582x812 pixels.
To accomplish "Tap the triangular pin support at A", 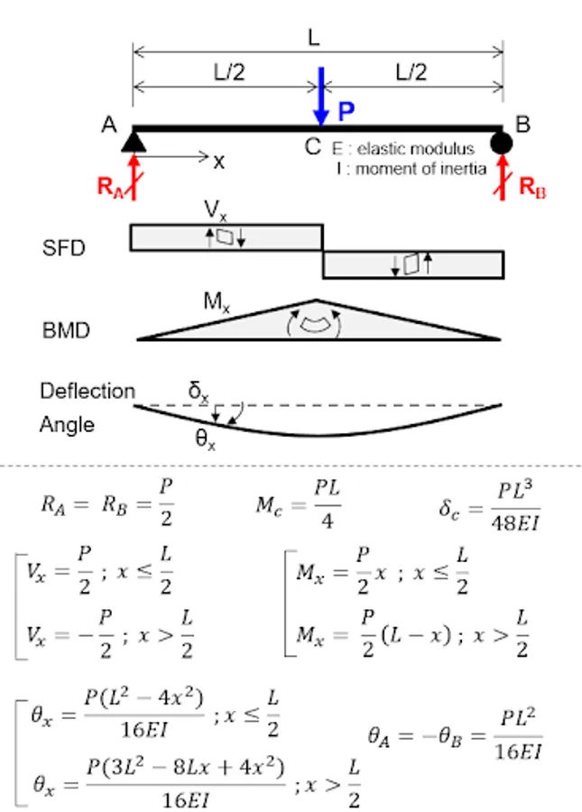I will point(134,141).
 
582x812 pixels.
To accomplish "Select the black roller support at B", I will point(503,142).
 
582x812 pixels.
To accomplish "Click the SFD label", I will point(64,248).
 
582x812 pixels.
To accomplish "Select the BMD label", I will point(67,330).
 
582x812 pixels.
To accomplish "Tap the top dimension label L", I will point(314,38).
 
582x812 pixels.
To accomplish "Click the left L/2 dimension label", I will point(228,73).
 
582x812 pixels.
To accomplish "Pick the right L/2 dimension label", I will point(411,73).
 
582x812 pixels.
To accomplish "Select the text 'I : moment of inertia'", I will point(410,168).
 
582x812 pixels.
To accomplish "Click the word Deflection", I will point(87,392).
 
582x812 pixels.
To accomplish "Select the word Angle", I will point(66,424).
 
